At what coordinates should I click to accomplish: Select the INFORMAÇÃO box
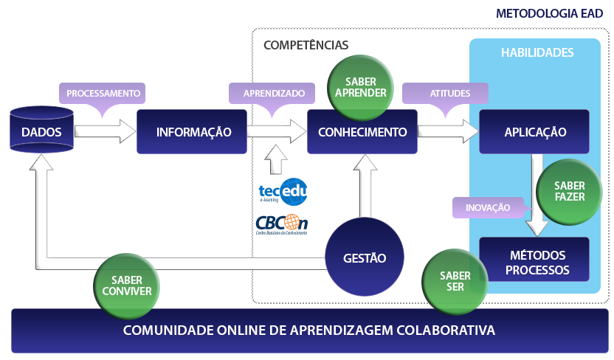coord(193,132)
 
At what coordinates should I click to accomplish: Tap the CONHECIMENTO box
coord(362,133)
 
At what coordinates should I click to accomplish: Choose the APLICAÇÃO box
coord(534,132)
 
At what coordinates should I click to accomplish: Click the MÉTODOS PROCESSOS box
coord(534,260)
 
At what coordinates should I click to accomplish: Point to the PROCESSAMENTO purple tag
coord(103,94)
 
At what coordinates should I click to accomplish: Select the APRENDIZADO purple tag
coord(273,94)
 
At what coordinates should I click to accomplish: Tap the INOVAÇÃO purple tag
coord(487,207)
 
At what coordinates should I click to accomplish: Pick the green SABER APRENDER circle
coord(360,87)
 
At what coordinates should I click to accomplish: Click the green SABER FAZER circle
coord(569,191)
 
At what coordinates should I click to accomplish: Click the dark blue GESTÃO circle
coord(364,258)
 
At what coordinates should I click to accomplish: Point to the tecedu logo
coord(283,192)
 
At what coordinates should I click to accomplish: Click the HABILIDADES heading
coord(537,53)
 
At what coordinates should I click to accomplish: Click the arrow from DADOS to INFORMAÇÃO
coord(105,132)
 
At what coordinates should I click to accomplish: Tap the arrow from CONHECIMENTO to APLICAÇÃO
coord(448,132)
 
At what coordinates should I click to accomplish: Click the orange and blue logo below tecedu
coord(281,224)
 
